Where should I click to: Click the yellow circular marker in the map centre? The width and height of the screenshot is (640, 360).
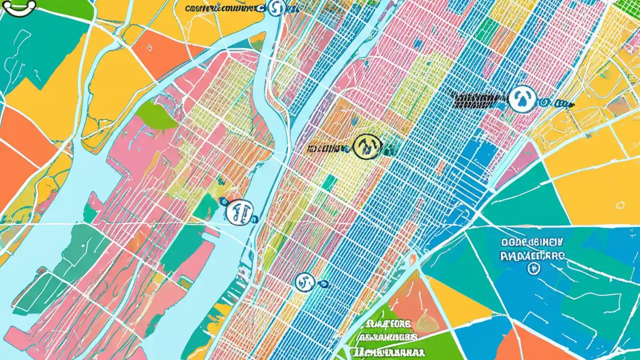367,146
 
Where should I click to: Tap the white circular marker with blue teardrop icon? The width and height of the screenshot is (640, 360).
522,99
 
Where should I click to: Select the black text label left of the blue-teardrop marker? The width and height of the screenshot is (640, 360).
477,99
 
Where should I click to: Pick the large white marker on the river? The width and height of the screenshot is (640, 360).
239,212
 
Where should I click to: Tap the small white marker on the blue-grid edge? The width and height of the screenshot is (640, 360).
304,282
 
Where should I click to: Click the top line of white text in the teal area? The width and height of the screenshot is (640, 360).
533,242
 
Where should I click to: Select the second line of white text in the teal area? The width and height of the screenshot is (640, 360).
533,255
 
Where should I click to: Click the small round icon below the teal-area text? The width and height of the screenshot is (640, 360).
533,268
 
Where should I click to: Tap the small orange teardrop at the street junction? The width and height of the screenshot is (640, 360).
413,258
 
